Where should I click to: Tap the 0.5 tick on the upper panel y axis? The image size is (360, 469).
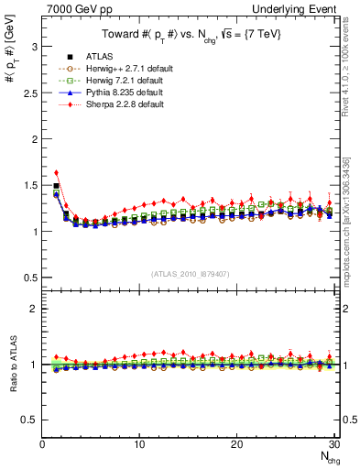(x=32, y=278)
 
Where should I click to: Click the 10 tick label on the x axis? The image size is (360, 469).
(x=139, y=445)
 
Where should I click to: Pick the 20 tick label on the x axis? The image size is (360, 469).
(x=236, y=445)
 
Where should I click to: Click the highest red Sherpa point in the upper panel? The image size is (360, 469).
(x=56, y=172)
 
